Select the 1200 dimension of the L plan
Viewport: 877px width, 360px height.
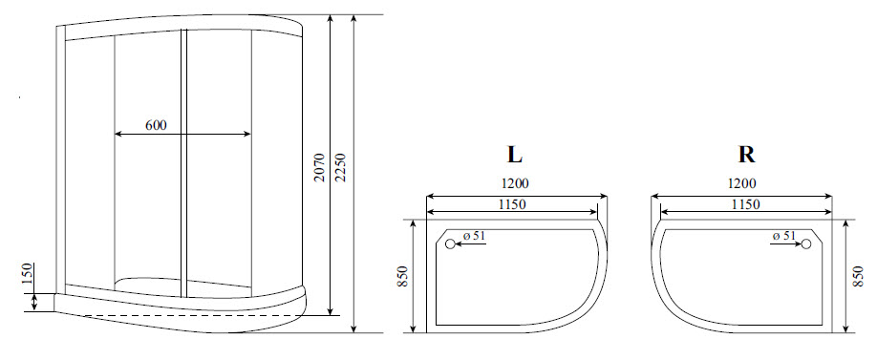(x=513, y=184)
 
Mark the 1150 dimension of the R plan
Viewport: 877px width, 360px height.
(x=744, y=203)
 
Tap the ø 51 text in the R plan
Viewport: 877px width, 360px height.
(x=782, y=236)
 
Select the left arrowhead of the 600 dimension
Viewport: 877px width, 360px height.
(x=118, y=135)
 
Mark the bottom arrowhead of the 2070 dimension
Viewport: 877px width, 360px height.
(x=331, y=311)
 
